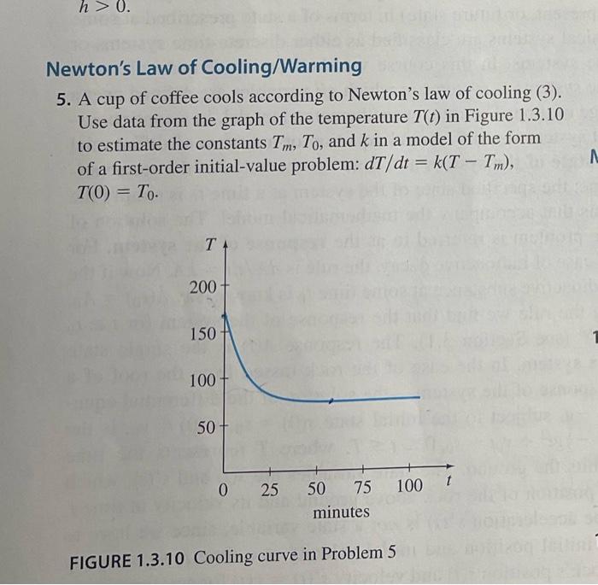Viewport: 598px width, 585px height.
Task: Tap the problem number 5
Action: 63,96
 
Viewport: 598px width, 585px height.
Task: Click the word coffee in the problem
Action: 179,96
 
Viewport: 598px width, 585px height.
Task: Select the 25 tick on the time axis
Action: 270,488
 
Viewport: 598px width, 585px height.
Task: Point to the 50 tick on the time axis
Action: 316,488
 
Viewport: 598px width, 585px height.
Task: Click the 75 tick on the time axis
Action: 362,488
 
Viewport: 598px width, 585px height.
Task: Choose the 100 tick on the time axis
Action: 410,488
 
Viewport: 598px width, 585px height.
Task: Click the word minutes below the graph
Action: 341,512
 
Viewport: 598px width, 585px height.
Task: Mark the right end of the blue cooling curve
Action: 419,397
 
